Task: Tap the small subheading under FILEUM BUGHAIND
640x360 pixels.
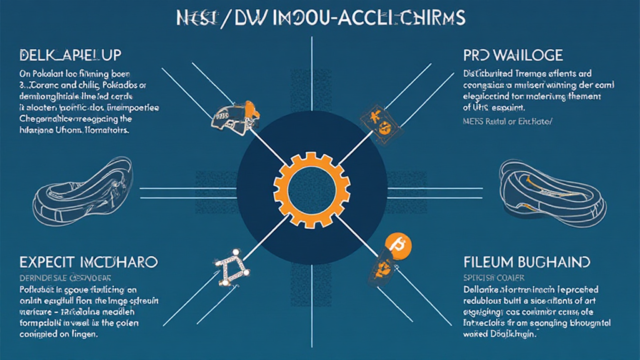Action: click(x=493, y=277)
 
